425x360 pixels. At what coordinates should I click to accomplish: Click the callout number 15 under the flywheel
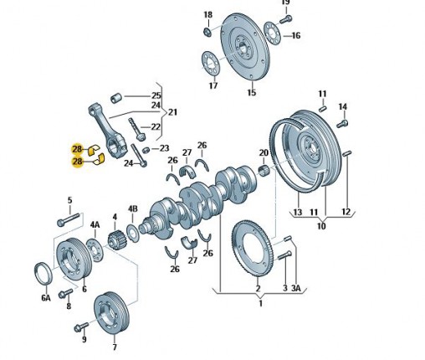[x=252, y=92]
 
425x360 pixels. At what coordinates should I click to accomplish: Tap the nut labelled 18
[x=207, y=32]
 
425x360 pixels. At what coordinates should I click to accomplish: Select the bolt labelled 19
[x=285, y=19]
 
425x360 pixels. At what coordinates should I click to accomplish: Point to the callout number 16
[x=296, y=36]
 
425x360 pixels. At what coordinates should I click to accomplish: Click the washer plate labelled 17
[x=211, y=64]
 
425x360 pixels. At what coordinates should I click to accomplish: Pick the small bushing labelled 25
[x=116, y=98]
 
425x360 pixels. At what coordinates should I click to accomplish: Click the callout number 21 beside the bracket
[x=172, y=112]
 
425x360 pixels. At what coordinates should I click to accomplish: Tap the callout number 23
[x=164, y=148]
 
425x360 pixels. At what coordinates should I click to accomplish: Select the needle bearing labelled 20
[x=264, y=171]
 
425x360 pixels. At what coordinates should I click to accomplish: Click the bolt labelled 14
[x=342, y=123]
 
